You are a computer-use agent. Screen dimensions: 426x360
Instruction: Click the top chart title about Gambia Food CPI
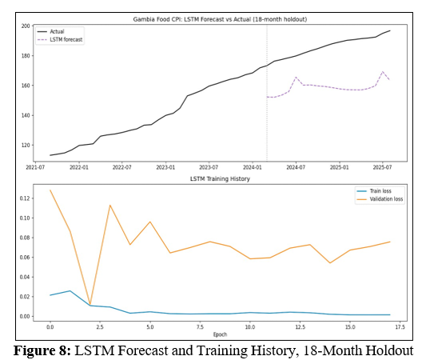pyautogui.click(x=220, y=19)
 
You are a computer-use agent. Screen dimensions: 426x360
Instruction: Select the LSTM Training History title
pyautogui.click(x=220, y=178)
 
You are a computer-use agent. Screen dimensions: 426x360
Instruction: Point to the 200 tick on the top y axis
pyautogui.click(x=26, y=26)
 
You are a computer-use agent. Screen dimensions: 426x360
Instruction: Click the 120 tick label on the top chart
pyautogui.click(x=26, y=145)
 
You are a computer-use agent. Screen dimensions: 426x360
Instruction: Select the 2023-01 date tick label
pyautogui.click(x=165, y=167)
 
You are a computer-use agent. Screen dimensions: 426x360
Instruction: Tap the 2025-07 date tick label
pyautogui.click(x=382, y=167)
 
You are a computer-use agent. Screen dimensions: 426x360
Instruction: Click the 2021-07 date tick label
pyautogui.click(x=35, y=167)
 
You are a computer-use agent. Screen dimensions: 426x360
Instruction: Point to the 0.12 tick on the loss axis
pyautogui.click(x=25, y=198)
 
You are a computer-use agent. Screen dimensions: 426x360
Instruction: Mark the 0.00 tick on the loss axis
pyautogui.click(x=25, y=316)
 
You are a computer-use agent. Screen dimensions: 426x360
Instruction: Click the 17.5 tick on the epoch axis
pyautogui.click(x=400, y=327)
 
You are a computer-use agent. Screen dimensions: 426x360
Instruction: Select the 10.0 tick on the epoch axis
pyautogui.click(x=250, y=327)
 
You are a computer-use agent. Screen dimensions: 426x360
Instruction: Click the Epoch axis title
pyautogui.click(x=220, y=334)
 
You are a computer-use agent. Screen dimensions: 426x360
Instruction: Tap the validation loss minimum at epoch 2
pyautogui.click(x=90, y=304)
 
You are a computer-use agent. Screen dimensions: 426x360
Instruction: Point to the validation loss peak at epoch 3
pyautogui.click(x=110, y=205)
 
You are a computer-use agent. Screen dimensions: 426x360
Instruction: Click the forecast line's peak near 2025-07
pyautogui.click(x=383, y=71)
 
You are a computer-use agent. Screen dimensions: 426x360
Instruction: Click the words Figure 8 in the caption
pyautogui.click(x=42, y=350)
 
